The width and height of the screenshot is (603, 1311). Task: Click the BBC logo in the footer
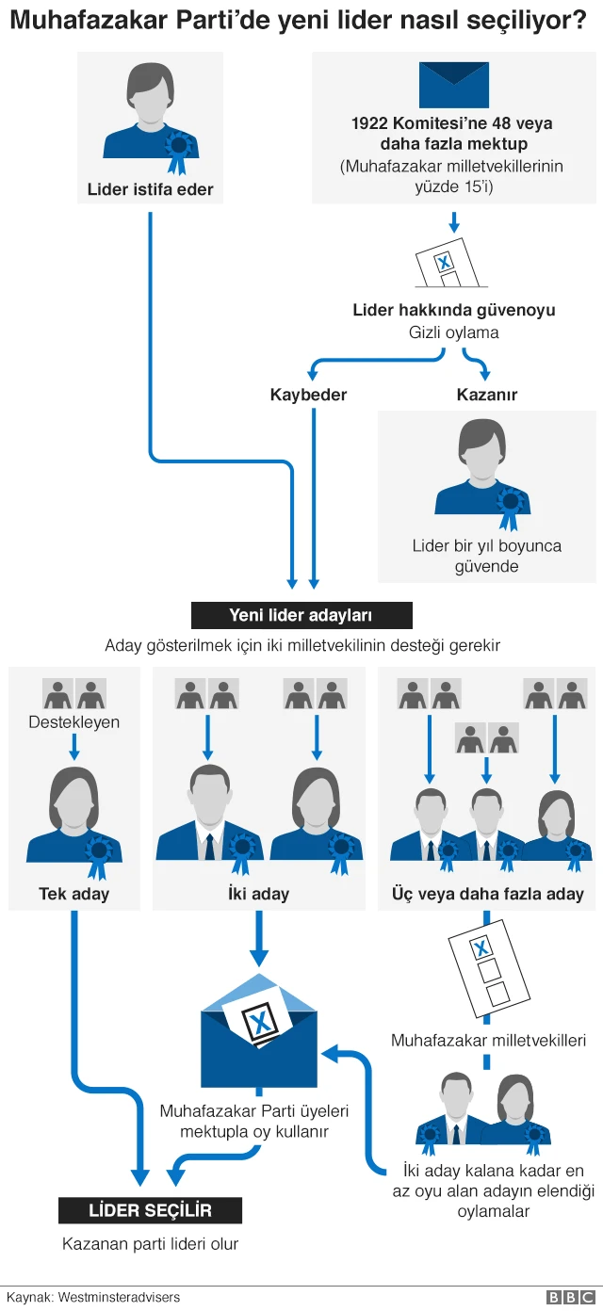570,1298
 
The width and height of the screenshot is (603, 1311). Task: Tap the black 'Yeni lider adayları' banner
301,615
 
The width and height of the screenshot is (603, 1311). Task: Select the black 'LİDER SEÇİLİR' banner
150,1210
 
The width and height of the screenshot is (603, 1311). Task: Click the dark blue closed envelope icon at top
454,85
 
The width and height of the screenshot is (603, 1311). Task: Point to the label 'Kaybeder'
308,395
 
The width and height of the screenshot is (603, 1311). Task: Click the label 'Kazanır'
486,395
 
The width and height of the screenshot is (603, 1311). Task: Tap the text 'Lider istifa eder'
150,189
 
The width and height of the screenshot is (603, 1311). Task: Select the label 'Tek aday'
73,894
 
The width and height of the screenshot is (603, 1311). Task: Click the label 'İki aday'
259,894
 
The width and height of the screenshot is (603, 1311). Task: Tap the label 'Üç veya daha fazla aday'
488,894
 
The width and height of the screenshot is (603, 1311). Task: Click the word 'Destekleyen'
73,721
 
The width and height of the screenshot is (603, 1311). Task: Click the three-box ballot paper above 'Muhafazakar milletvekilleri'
489,968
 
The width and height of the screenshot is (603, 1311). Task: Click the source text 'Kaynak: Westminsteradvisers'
93,1297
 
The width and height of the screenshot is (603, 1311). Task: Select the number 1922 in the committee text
369,122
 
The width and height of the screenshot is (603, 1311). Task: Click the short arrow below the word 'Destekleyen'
73,747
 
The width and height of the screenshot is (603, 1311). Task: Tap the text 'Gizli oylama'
454,332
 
